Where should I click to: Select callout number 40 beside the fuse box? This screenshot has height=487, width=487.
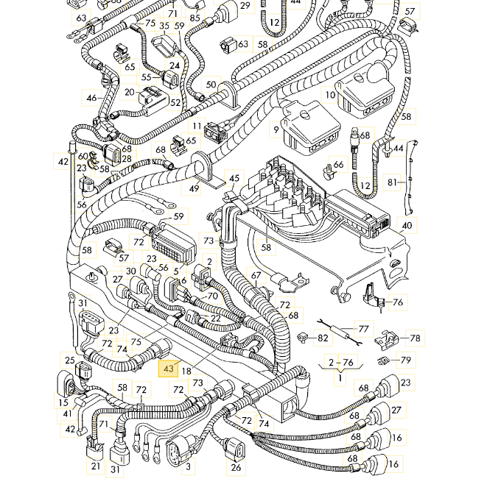(407, 225)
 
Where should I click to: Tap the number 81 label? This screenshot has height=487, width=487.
(393, 182)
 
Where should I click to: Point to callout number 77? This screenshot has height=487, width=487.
(363, 328)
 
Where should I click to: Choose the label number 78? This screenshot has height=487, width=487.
(416, 338)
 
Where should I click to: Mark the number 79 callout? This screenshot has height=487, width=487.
(405, 360)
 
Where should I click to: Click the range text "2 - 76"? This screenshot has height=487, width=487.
(340, 363)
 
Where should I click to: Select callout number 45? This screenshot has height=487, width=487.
(234, 177)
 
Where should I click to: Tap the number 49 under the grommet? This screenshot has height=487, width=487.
(195, 189)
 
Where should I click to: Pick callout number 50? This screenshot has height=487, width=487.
(211, 85)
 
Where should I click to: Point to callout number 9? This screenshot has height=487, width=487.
(276, 129)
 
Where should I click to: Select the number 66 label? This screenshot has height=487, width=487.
(339, 164)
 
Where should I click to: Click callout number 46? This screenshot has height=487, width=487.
(91, 98)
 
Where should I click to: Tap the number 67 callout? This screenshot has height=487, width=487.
(256, 277)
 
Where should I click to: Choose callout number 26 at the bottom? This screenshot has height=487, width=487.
(236, 467)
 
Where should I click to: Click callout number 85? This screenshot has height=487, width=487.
(195, 17)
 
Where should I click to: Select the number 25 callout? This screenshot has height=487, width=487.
(69, 360)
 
